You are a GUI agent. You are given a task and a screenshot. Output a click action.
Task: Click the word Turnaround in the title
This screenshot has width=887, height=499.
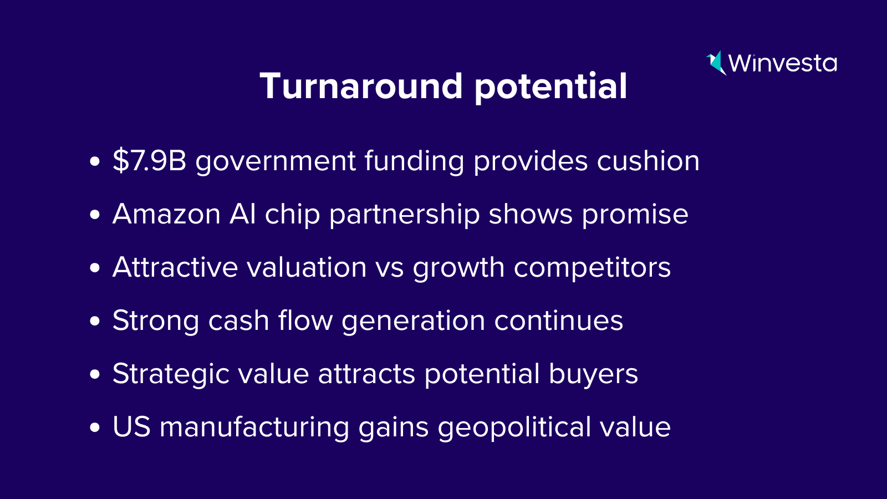click(x=361, y=86)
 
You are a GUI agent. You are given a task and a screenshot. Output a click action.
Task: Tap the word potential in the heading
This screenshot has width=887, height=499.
click(x=551, y=88)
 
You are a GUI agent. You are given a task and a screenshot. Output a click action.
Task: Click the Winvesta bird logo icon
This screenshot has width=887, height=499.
click(x=716, y=63)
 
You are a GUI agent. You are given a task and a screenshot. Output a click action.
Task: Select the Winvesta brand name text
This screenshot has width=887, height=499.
click(x=782, y=63)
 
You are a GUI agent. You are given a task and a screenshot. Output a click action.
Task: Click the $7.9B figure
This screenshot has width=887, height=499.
click(x=149, y=160)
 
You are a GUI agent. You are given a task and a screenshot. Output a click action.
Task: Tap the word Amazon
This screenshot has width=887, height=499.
click(x=166, y=214)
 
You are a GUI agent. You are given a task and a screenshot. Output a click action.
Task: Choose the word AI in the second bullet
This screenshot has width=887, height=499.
click(x=242, y=214)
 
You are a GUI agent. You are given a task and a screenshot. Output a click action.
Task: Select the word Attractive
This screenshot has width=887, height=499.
click(x=175, y=267)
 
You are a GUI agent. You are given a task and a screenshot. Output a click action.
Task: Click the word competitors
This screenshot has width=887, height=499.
click(x=592, y=268)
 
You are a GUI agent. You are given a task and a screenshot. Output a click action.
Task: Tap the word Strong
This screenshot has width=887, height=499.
click(x=156, y=321)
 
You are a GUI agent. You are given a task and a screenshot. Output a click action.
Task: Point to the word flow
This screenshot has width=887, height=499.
click(x=305, y=319)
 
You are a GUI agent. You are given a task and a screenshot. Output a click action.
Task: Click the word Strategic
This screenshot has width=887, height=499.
click(x=171, y=374)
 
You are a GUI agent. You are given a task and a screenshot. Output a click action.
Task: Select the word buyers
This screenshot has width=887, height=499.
click(x=593, y=375)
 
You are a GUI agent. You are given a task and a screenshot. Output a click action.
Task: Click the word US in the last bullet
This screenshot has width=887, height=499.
click(x=131, y=427)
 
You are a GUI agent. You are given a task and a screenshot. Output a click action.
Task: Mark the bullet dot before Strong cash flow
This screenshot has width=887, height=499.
click(x=95, y=321)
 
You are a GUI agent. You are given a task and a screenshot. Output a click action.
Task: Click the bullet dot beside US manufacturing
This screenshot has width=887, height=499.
click(x=95, y=427)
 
